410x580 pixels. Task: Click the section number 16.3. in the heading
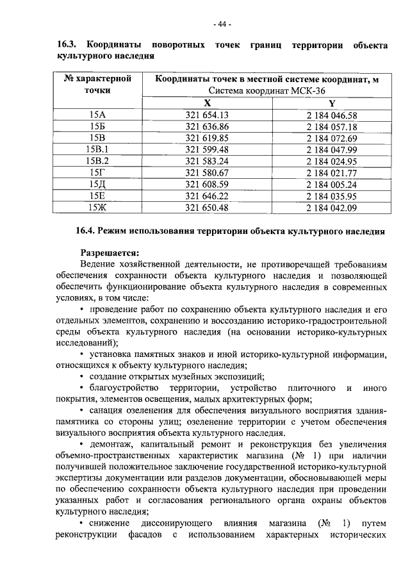[x=67, y=46]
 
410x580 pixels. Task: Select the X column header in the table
[x=206, y=103]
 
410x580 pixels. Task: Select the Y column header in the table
[x=331, y=103]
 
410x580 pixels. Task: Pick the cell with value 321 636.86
[x=206, y=127]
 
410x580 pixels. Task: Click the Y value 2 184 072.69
[x=331, y=138]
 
